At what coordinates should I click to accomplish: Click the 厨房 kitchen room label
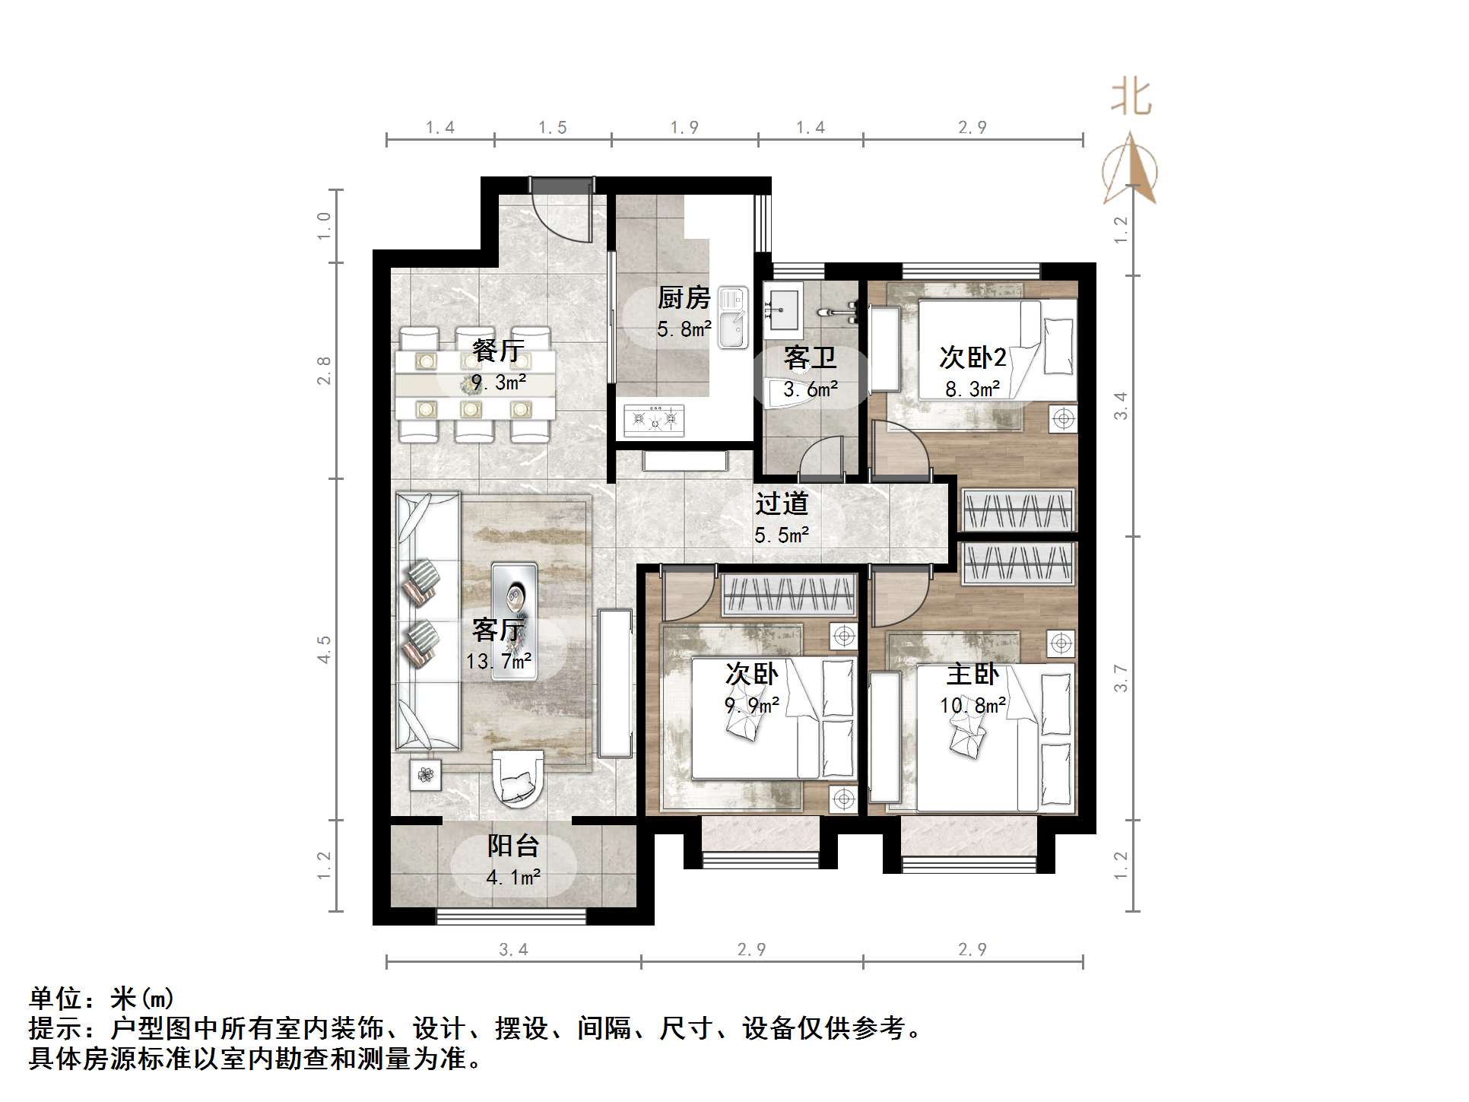coord(684,297)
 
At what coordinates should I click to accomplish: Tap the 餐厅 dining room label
coord(498,351)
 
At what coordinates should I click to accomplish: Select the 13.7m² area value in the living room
coord(499,661)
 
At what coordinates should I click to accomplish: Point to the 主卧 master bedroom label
coord(972,675)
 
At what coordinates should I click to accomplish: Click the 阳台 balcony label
coord(513,846)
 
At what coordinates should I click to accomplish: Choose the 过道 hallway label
coord(782,503)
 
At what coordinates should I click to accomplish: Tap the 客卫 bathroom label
coord(810,357)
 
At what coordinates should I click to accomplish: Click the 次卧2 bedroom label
coord(972,357)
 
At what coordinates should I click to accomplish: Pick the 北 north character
coord(1131,98)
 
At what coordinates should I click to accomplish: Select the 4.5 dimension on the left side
coord(325,649)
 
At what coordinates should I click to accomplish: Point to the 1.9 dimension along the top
coord(684,128)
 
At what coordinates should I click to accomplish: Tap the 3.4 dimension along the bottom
coord(513,949)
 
